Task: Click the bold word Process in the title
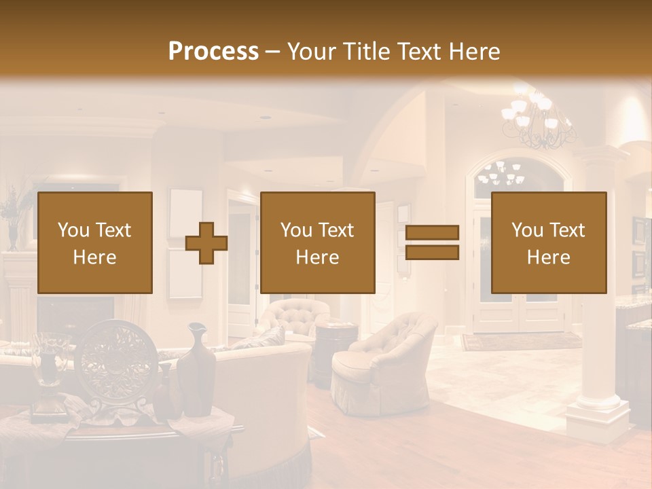tap(213, 51)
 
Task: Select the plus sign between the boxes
tap(206, 243)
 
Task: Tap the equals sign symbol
tap(432, 242)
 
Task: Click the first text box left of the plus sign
tap(94, 242)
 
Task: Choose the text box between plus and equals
tap(317, 242)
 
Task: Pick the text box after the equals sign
tap(548, 242)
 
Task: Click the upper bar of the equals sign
tap(432, 233)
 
